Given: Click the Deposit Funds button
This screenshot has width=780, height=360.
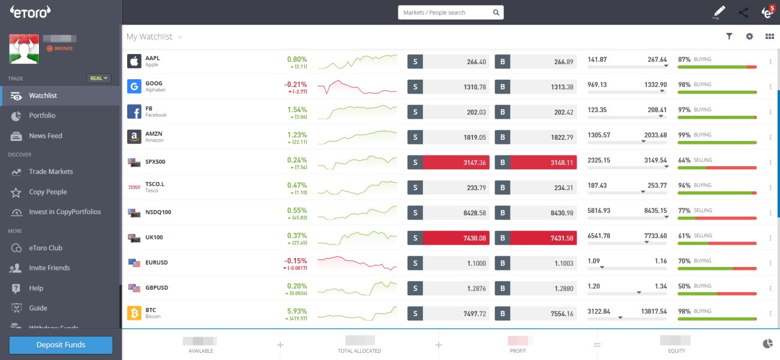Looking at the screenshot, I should [x=61, y=345].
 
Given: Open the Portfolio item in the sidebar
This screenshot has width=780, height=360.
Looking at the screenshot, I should [x=42, y=116].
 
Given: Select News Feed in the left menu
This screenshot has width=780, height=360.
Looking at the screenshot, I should [x=46, y=136].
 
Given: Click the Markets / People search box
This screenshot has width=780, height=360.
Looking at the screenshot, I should [x=445, y=13].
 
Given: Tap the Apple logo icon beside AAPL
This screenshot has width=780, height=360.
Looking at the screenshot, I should [x=134, y=61].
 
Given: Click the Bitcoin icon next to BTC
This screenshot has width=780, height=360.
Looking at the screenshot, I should [x=134, y=313].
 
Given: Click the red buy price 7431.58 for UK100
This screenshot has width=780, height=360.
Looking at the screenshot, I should [x=543, y=238].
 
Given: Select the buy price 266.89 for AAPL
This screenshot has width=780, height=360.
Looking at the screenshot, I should [x=543, y=62].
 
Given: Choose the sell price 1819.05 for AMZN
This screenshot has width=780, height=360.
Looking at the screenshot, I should [x=456, y=137].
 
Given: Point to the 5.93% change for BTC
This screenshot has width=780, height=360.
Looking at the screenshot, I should [x=297, y=311].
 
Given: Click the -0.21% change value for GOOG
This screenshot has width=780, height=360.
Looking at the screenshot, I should [x=296, y=85].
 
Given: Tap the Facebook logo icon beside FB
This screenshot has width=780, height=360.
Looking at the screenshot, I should [x=134, y=112].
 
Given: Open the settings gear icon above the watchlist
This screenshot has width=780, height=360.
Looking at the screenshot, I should [x=749, y=37].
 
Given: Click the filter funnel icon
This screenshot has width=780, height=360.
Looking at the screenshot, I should [x=729, y=37].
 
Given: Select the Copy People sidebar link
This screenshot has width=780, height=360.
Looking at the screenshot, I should [x=48, y=192].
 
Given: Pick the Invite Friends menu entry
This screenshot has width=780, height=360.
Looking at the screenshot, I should [x=49, y=268].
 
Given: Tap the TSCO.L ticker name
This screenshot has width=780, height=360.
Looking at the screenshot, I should [x=155, y=184].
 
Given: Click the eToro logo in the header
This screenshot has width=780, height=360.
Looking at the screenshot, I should [x=30, y=11].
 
